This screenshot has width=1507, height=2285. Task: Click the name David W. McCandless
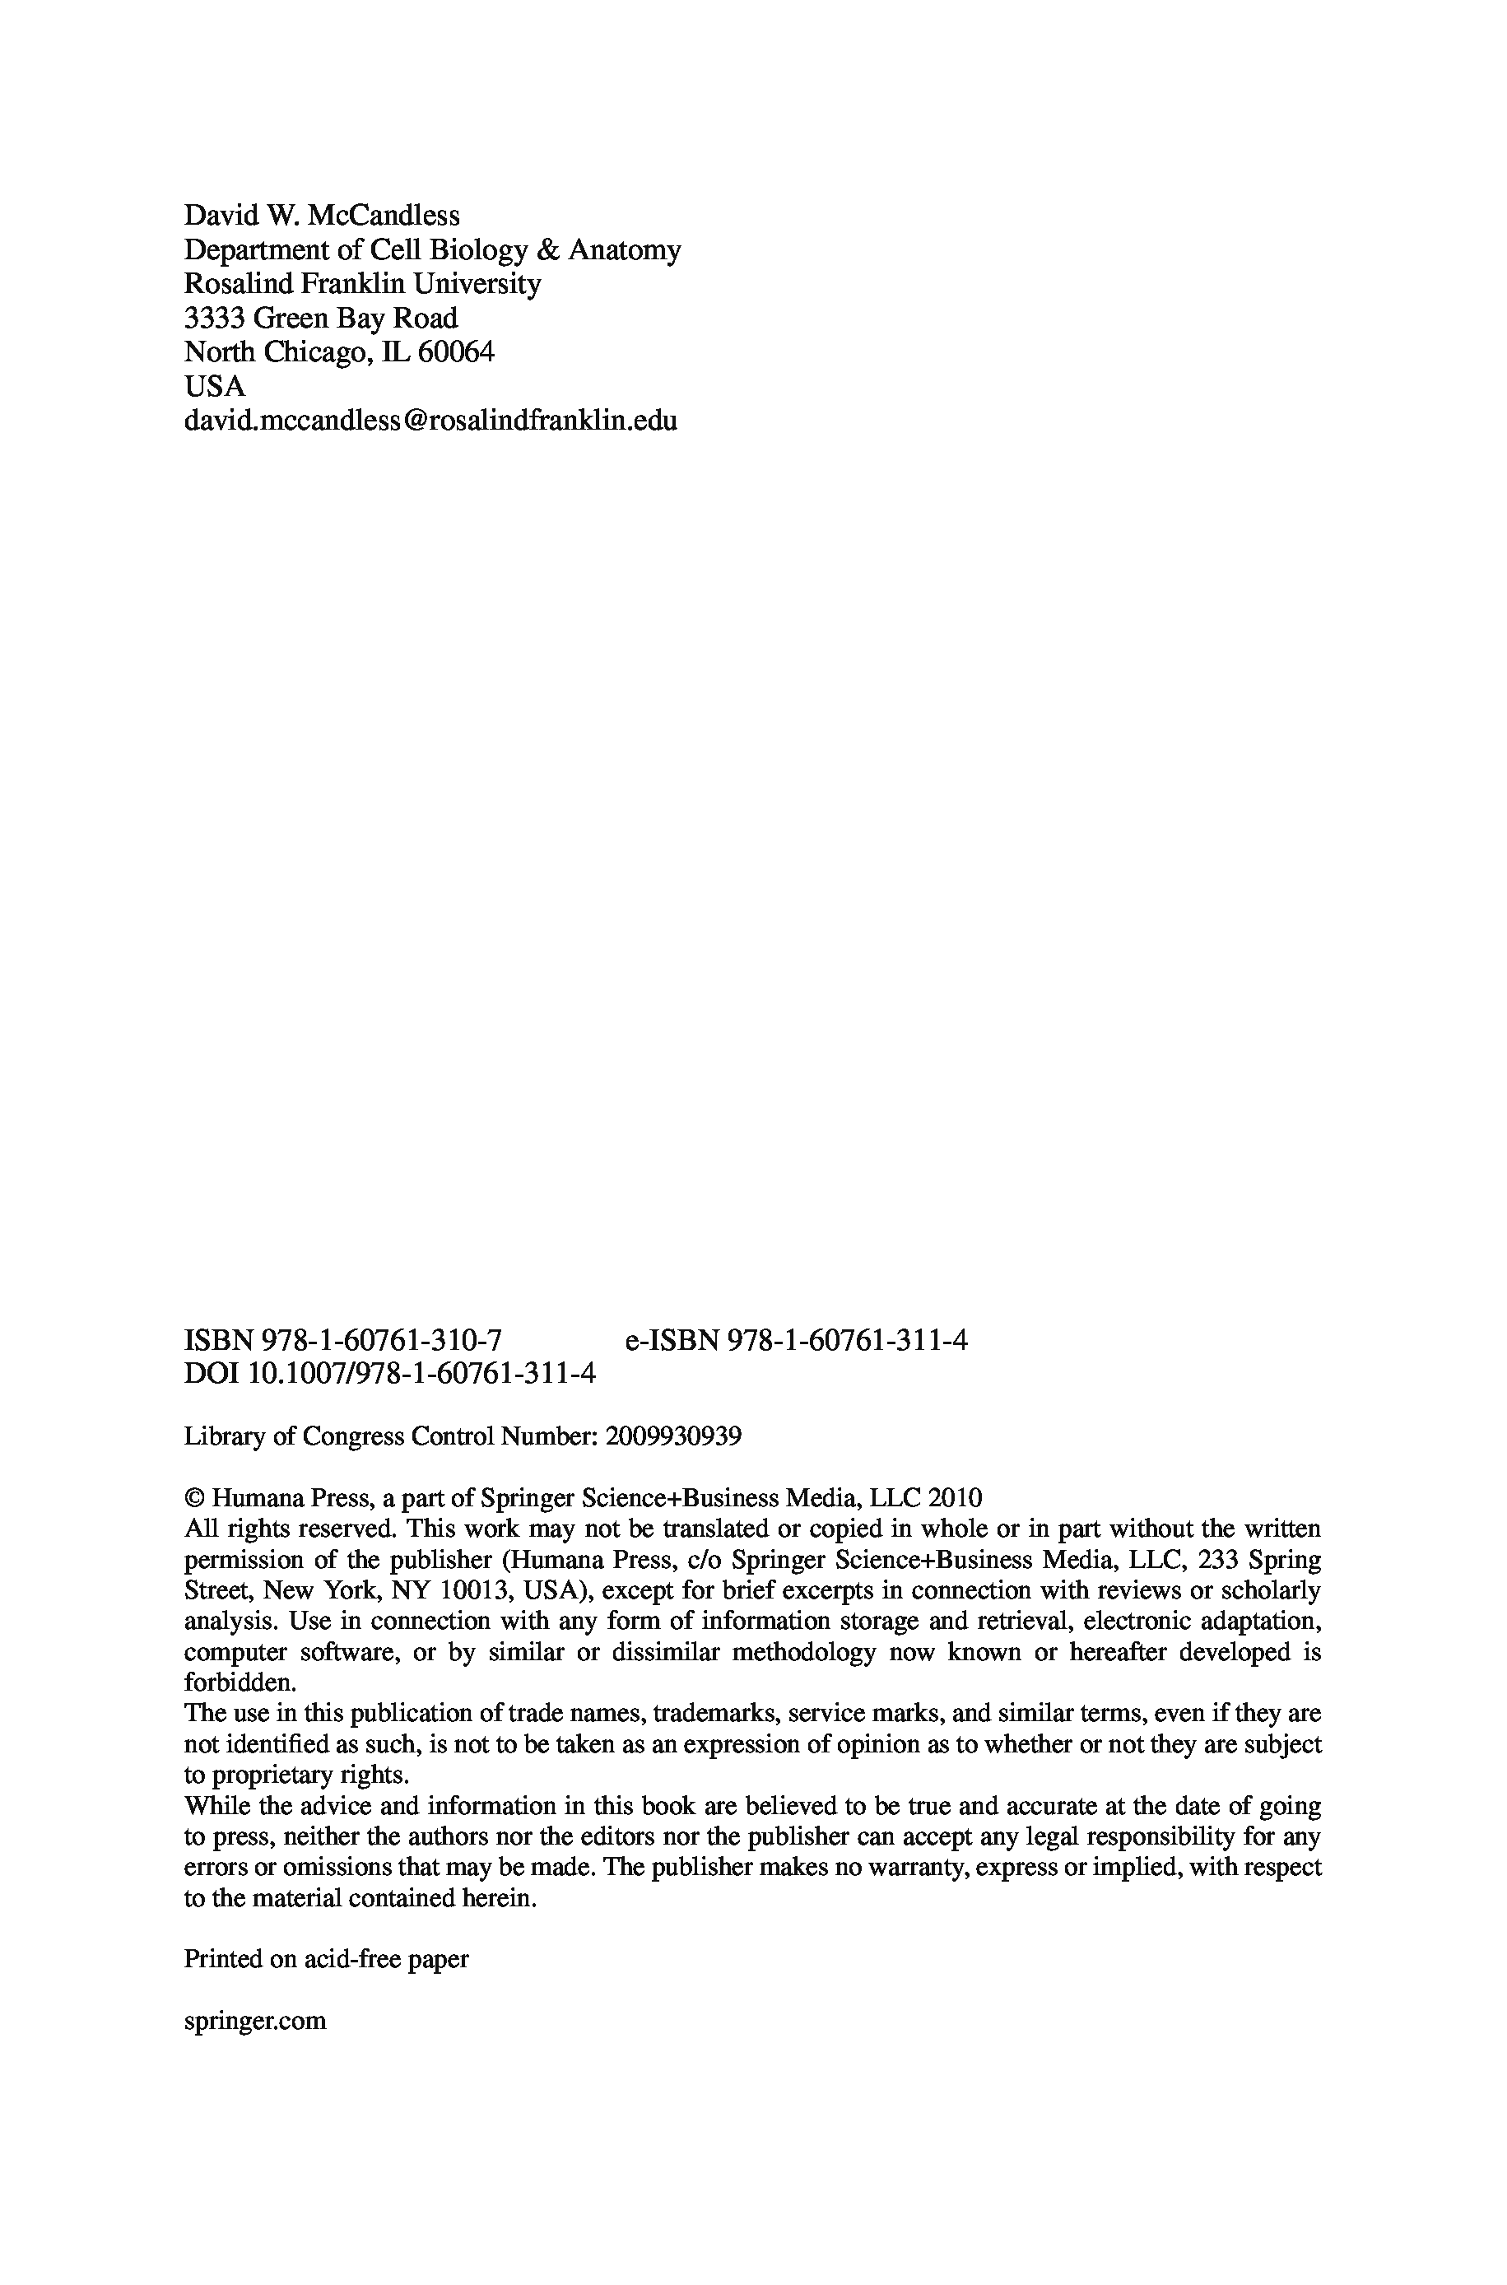[321, 215]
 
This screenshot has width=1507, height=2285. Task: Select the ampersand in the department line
[547, 250]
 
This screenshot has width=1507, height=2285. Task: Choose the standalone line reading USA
[214, 386]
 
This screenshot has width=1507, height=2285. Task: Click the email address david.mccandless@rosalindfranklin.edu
[430, 421]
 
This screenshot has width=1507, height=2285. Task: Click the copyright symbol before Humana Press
[193, 1498]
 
